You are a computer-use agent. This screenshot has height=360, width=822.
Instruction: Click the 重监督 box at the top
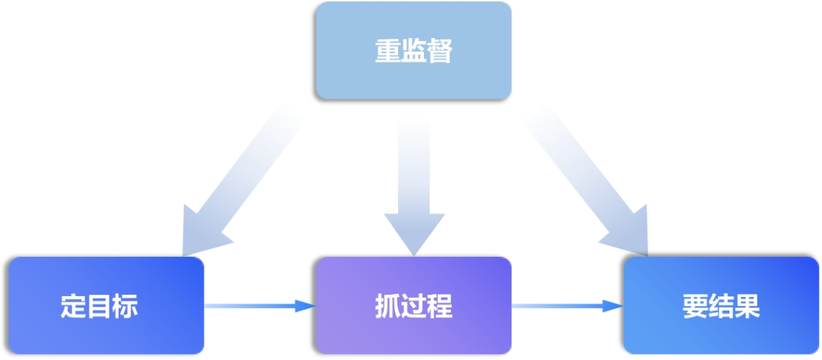413,51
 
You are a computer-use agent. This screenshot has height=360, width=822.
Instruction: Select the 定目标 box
106,306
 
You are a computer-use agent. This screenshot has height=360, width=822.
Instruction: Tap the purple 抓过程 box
413,306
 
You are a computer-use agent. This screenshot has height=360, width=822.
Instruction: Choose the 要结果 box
721,306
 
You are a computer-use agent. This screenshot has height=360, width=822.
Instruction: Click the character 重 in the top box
387,52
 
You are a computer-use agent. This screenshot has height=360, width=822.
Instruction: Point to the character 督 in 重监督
439,52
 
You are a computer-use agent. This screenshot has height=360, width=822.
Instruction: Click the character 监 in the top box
413,52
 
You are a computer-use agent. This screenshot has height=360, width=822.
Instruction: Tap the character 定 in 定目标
74,307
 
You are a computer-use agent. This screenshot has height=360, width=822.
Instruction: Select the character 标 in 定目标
125,307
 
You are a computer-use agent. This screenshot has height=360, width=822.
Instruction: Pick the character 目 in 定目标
100,307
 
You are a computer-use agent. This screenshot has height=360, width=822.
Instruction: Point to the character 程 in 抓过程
439,307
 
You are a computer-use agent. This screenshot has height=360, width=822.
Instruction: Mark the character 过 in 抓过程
413,307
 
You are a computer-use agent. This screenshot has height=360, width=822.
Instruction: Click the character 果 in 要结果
747,307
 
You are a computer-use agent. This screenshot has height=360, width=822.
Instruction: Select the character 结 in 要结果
721,307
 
